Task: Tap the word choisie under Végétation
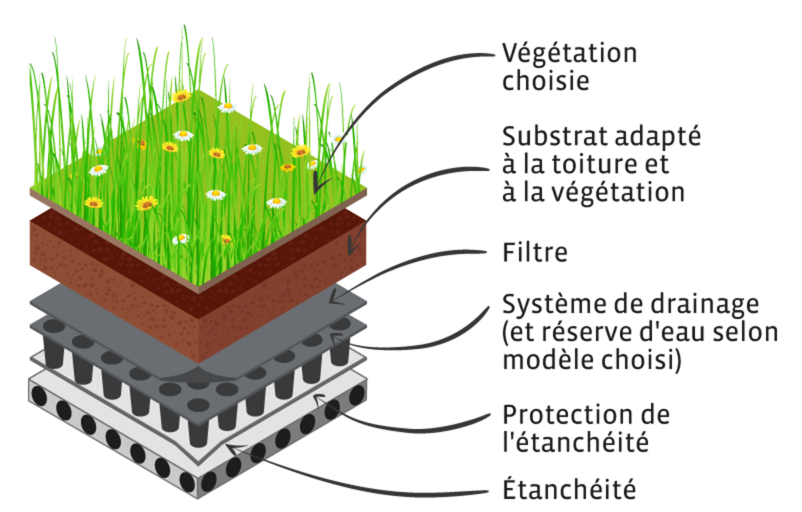pyautogui.click(x=545, y=82)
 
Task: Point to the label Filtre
pyautogui.click(x=535, y=253)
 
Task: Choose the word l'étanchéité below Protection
pyautogui.click(x=575, y=441)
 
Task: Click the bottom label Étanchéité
pyautogui.click(x=568, y=491)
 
